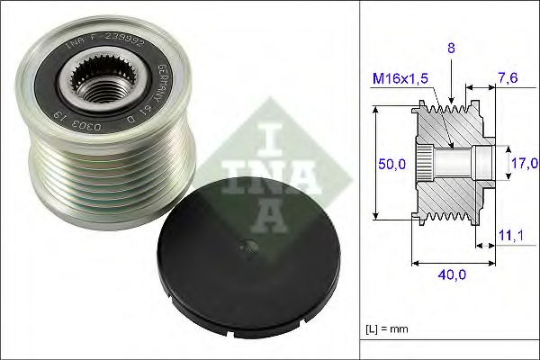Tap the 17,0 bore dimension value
click(x=523, y=163)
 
